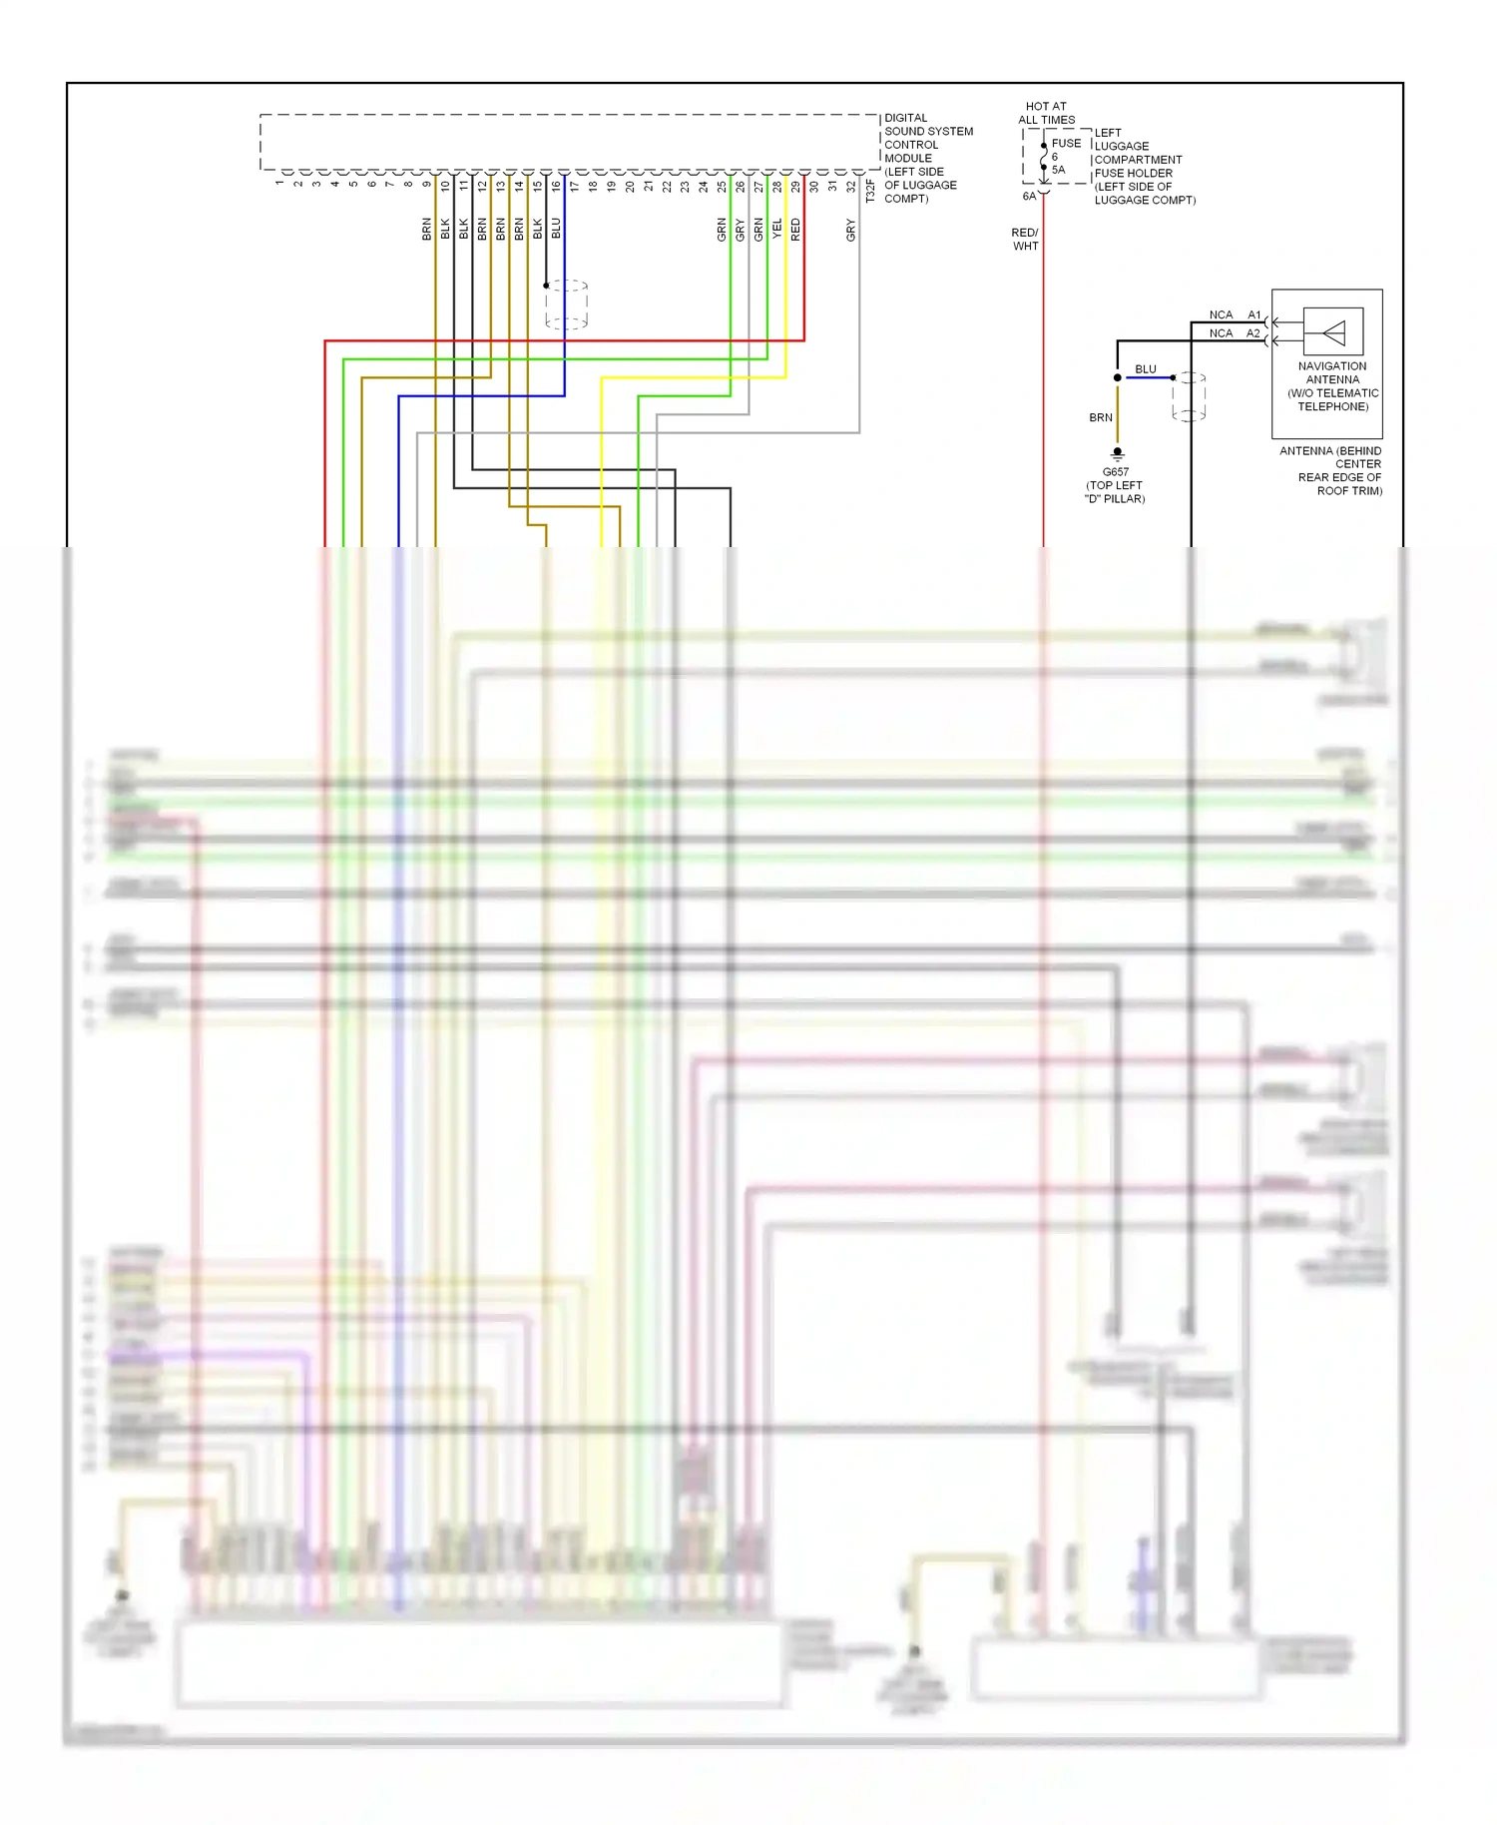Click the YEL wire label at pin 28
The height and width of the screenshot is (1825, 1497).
coord(777,229)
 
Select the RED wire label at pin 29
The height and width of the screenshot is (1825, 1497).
coord(795,230)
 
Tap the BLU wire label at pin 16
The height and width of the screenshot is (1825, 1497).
coord(556,228)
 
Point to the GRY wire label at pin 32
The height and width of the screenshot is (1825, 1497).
coord(851,230)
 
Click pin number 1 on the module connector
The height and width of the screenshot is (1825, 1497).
coord(279,183)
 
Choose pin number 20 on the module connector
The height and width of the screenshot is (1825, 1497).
coord(630,186)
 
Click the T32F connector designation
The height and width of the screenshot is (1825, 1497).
coord(870,191)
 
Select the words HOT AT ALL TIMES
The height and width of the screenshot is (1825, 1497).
coord(1046,113)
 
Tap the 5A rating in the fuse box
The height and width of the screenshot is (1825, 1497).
coord(1058,170)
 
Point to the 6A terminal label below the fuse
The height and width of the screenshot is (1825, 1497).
coord(1029,197)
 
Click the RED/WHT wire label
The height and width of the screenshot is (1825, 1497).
coord(1025,240)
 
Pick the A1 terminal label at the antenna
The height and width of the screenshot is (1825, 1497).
coord(1253,315)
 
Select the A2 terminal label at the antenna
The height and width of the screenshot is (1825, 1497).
coord(1253,333)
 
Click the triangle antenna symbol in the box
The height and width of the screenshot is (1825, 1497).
coord(1333,332)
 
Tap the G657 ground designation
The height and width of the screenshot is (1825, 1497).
coord(1116,472)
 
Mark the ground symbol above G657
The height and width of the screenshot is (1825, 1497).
coord(1118,453)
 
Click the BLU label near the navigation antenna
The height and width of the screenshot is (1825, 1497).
coord(1146,369)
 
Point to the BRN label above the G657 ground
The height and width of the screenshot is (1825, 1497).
coord(1101,417)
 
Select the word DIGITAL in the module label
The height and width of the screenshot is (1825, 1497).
coord(906,118)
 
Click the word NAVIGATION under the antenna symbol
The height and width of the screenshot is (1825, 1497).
coord(1332,366)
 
